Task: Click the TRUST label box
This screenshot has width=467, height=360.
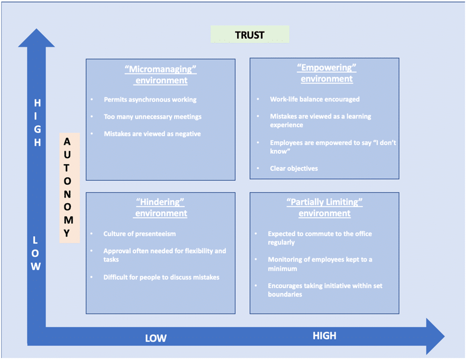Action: [x=250, y=34]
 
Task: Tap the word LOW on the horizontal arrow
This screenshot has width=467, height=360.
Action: [x=156, y=338]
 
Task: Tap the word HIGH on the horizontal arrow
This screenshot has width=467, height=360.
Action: [x=324, y=336]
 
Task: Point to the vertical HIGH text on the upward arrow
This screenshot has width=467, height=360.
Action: [x=37, y=123]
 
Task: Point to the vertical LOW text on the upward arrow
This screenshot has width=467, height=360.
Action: [x=35, y=253]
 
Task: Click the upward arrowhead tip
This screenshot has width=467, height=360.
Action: [x=36, y=29]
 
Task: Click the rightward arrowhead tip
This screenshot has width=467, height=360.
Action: [x=445, y=337]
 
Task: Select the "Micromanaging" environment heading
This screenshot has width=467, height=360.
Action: [x=161, y=75]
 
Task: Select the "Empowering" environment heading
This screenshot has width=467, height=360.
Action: [x=327, y=73]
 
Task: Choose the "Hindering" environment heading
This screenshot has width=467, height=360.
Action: [x=161, y=208]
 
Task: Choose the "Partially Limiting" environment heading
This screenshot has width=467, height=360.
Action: [x=325, y=208]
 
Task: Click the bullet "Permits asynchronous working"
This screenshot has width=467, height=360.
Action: [x=150, y=99]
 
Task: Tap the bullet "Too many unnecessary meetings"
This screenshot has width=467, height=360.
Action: [x=153, y=116]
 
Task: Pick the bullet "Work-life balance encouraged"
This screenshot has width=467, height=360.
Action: [x=315, y=99]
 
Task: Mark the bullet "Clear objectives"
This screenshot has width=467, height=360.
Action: [x=294, y=168]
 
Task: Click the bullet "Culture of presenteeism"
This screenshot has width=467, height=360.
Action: [x=139, y=234]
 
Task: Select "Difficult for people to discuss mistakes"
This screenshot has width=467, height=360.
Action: [x=161, y=277]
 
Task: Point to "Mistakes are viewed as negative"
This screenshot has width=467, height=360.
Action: [x=152, y=134]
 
